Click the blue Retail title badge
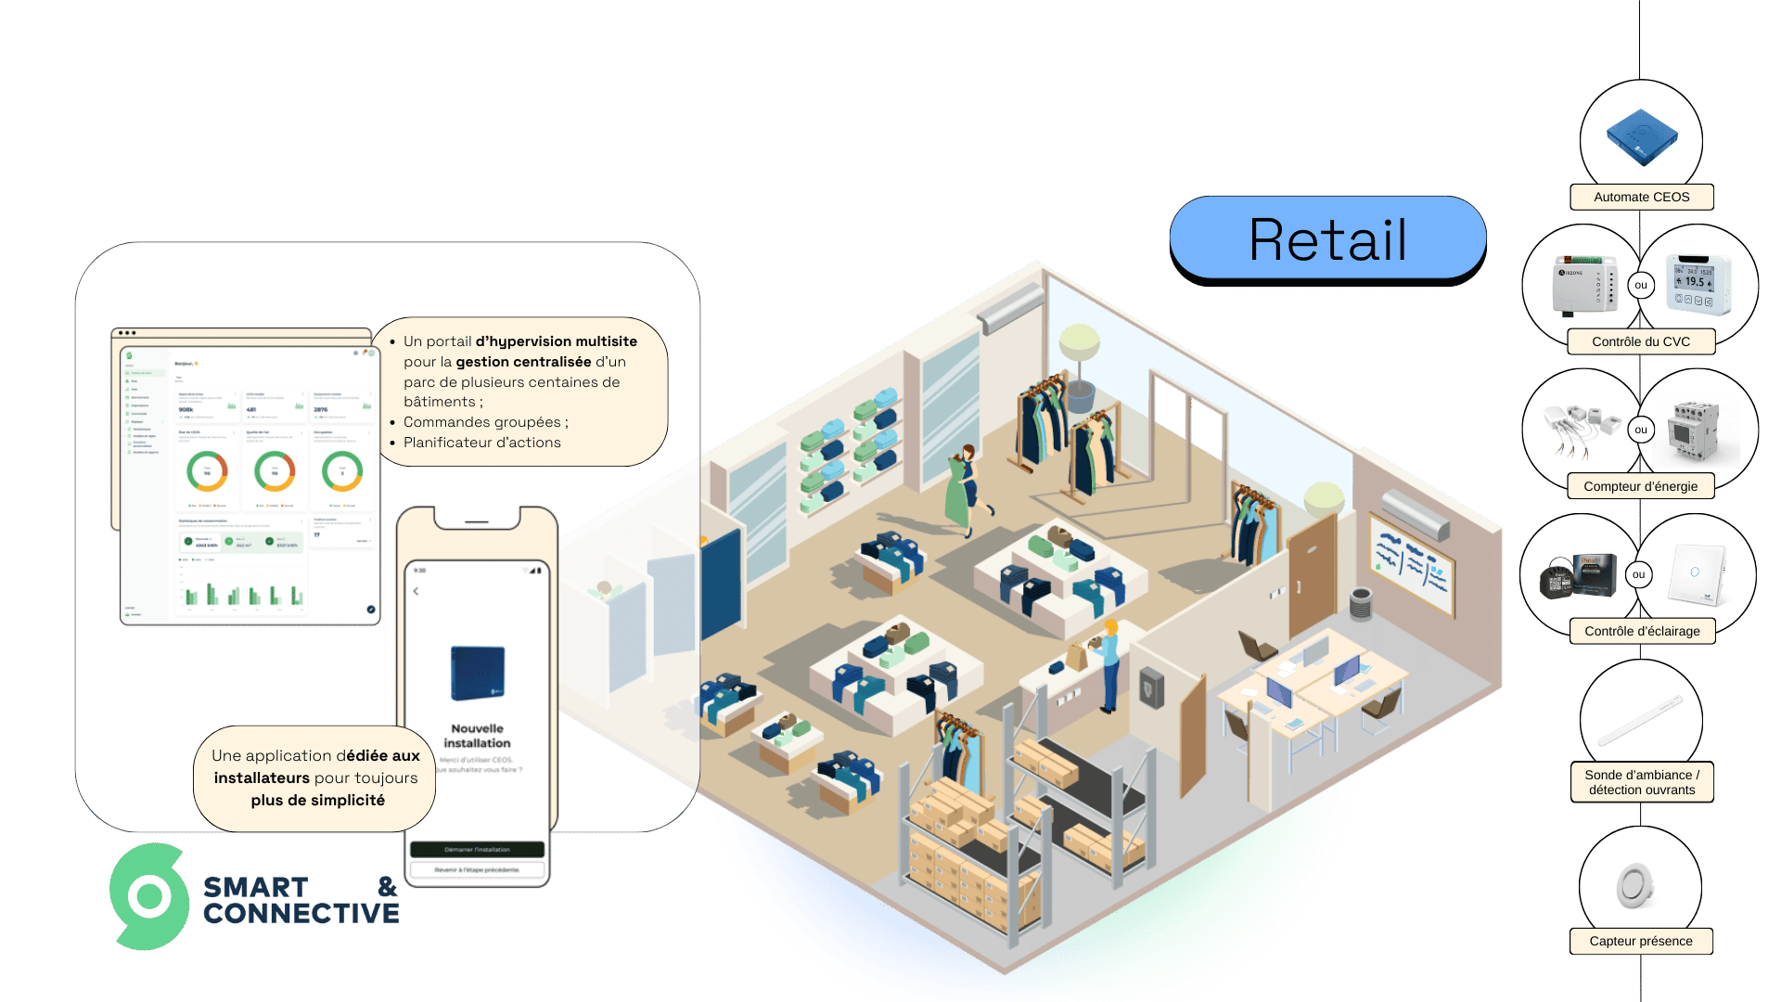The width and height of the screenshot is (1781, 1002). pos(1327,238)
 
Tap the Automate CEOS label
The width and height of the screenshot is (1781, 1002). pos(1641,197)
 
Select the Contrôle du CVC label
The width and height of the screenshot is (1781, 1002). pos(1640,341)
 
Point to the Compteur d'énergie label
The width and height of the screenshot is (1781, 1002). pos(1640,486)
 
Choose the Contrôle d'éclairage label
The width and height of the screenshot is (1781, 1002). pos(1641,631)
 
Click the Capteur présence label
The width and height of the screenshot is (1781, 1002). pos(1640,941)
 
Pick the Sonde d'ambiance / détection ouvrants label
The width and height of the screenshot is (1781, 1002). pos(1641,782)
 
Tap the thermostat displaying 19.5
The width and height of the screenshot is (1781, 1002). pos(1697,283)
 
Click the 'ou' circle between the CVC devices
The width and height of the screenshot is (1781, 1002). pos(1641,285)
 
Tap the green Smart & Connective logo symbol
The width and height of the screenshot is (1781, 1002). pos(149,896)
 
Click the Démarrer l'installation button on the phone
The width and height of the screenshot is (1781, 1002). pos(477,849)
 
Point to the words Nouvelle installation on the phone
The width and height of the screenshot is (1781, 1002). pos(477,736)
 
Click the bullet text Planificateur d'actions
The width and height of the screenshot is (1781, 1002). pos(481,443)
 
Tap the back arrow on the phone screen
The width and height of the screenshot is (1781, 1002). pos(416,591)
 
